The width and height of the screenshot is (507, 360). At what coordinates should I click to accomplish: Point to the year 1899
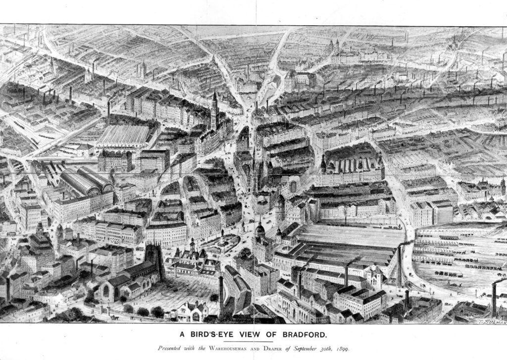pyautogui.click(x=342, y=349)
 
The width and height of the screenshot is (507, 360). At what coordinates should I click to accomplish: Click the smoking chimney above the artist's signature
pyautogui.click(x=494, y=297)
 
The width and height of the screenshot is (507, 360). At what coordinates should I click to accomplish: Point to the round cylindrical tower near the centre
pyautogui.click(x=280, y=207)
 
